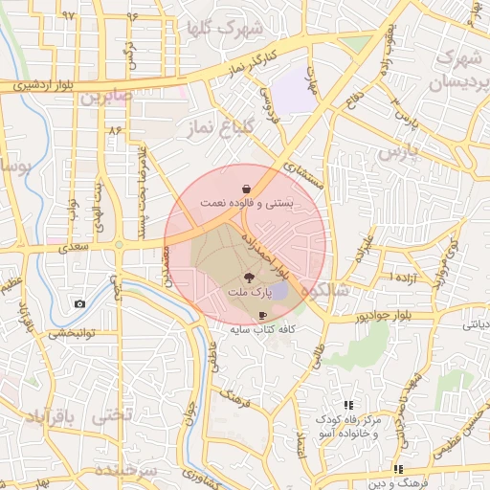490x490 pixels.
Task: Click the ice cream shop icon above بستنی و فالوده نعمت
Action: (248, 188)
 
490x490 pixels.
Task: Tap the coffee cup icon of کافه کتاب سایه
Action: (261, 314)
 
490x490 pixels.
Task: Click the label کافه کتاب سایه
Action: (262, 329)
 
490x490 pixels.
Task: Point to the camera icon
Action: (78, 304)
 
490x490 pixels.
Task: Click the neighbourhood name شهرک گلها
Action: (228, 28)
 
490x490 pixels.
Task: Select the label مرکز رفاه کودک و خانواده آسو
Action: (347, 427)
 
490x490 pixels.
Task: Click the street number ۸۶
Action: (116, 129)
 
